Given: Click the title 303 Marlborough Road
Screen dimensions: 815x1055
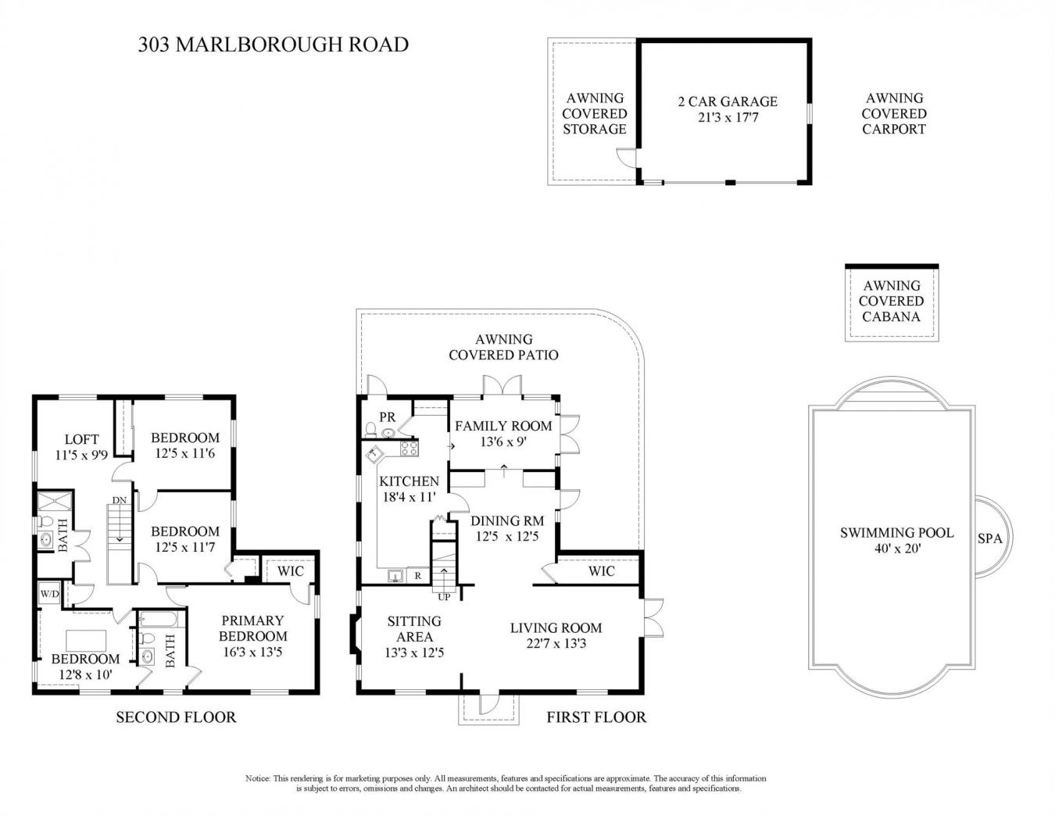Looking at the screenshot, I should (x=273, y=45).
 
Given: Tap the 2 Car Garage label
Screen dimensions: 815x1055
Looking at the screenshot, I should (x=727, y=102).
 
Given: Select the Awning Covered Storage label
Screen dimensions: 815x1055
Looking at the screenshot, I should (x=595, y=113).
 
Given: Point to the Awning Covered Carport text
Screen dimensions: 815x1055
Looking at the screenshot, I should (x=894, y=113).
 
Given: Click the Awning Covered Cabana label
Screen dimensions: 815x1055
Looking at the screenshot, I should (x=891, y=301).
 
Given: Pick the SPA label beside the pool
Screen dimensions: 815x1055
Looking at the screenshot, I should (x=989, y=538).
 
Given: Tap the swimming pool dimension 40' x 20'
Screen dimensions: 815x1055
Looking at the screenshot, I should (x=897, y=549).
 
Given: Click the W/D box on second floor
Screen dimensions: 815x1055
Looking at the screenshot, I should (x=49, y=594).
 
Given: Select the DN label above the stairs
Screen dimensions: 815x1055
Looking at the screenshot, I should (x=119, y=500).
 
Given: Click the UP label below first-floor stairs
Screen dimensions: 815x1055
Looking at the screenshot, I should (x=444, y=597).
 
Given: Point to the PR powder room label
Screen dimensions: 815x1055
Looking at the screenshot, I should (x=387, y=417).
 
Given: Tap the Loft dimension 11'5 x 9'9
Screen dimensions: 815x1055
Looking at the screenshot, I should (x=81, y=454).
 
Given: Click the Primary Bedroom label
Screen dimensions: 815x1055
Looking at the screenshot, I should (x=252, y=628).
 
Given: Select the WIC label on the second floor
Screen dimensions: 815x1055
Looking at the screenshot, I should (x=291, y=571).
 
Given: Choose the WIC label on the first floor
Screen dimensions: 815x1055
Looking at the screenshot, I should (x=601, y=571).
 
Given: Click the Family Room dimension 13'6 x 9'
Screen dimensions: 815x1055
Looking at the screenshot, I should (x=503, y=441).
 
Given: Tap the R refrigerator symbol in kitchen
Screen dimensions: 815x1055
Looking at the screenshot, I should (x=418, y=577).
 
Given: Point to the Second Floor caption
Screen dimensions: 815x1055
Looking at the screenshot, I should (x=176, y=717).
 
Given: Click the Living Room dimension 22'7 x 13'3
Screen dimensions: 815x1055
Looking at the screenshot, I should (x=556, y=643).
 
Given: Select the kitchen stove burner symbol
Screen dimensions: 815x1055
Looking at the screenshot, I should (x=409, y=449).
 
